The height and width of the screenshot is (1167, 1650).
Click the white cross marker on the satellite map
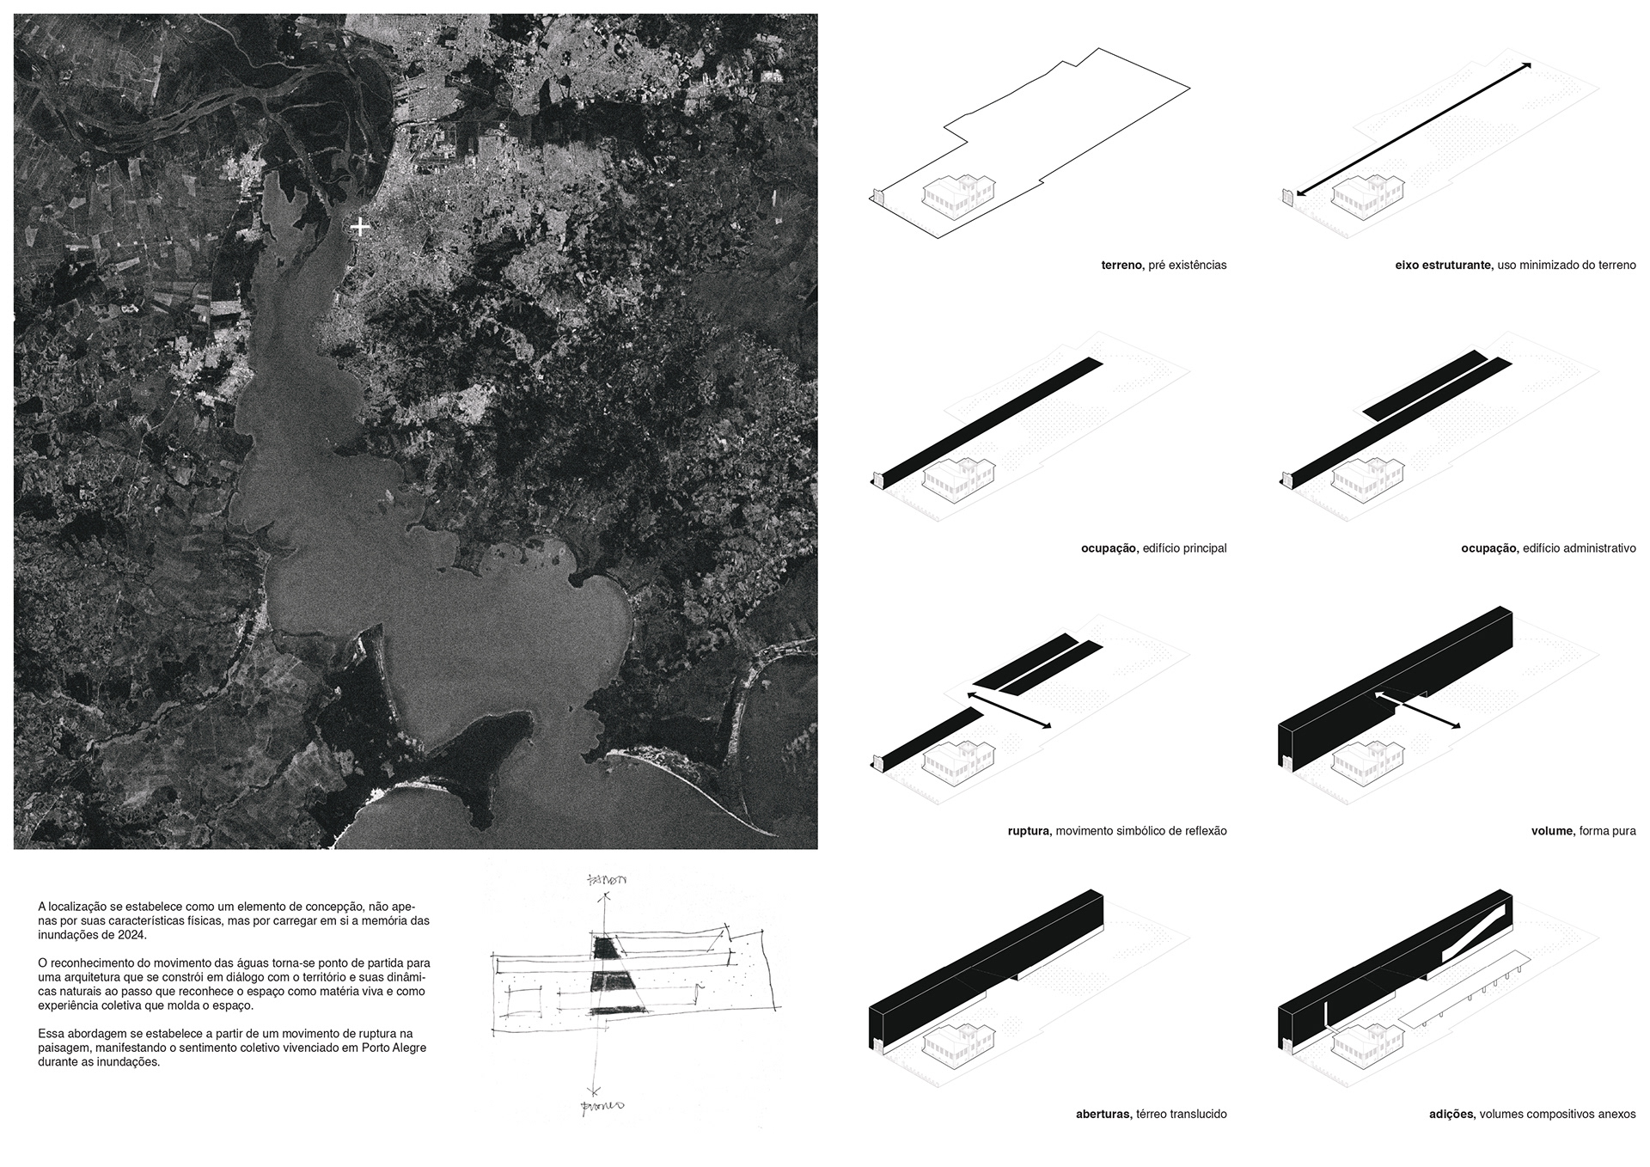[x=361, y=227]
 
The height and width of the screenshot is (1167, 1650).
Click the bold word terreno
[x=1121, y=266]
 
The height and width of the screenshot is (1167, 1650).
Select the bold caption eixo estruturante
[x=1443, y=266]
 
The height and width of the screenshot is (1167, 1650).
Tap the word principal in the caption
[x=1205, y=548]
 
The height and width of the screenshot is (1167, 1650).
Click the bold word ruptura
[x=1028, y=831]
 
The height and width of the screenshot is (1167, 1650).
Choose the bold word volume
[x=1552, y=831]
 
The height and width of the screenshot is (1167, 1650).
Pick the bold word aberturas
[x=1103, y=1114]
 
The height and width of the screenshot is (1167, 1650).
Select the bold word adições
[x=1451, y=1114]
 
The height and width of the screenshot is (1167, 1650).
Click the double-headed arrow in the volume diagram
[x=1418, y=709]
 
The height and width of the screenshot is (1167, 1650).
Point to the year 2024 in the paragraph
[x=134, y=935]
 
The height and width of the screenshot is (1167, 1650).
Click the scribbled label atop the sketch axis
[x=607, y=881]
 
